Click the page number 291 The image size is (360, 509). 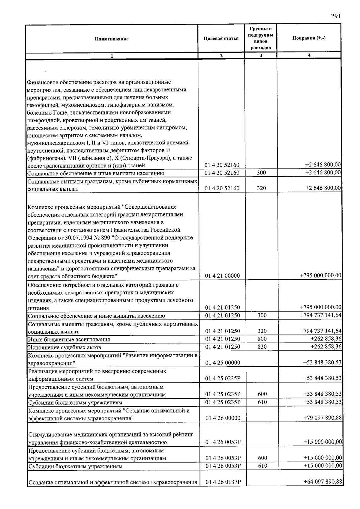point(336,16)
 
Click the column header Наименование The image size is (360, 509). point(112,39)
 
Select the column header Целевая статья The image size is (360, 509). point(221,38)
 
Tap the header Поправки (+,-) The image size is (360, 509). point(309,38)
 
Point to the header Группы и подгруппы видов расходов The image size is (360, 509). point(261,38)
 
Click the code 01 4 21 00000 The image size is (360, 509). point(222,276)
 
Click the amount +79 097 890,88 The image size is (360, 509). point(323,418)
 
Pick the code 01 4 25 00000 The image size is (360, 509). point(223,363)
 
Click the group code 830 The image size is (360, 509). point(262,347)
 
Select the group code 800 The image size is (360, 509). point(262,339)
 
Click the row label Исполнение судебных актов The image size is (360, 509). point(64,347)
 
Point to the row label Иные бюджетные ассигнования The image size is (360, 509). point(69,340)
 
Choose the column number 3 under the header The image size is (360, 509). point(261,55)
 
